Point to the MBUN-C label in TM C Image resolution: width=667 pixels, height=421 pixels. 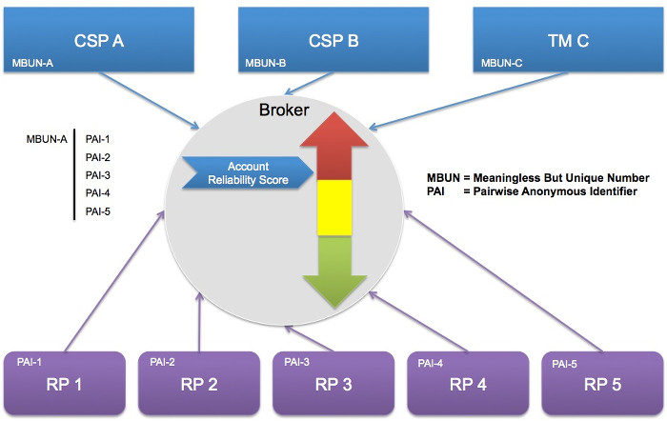pos(502,64)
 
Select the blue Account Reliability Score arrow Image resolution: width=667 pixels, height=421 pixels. pos(246,171)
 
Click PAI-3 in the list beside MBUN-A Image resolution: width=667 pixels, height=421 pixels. pos(98,174)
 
